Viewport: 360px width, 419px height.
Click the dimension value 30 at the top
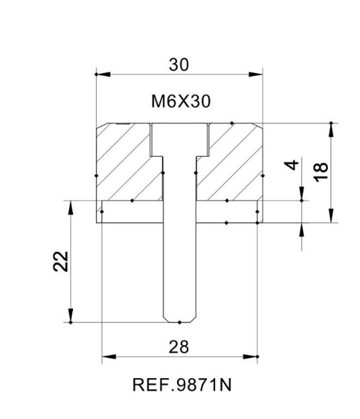[x=179, y=64]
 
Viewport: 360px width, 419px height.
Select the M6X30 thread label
[x=179, y=102]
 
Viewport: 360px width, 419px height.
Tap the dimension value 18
[x=321, y=170]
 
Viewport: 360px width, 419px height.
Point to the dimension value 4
[x=291, y=165]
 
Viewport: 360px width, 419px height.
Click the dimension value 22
[x=60, y=261]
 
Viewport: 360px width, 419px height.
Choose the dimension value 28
[x=179, y=347]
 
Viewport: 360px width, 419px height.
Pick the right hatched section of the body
[x=231, y=161]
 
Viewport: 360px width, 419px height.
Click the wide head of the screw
[x=180, y=139]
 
